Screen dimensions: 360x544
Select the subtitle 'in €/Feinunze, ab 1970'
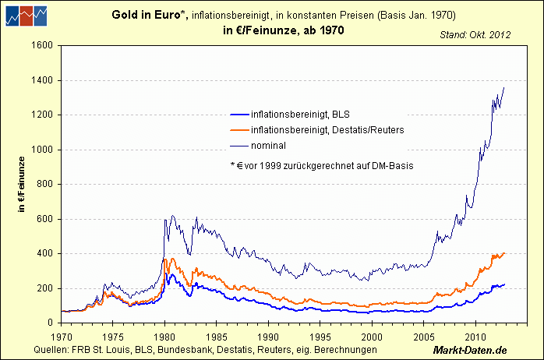click(x=277, y=30)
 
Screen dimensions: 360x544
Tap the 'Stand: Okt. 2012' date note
click(x=476, y=35)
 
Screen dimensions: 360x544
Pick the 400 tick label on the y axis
click(x=44, y=253)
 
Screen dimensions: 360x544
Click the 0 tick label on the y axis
click(x=49, y=323)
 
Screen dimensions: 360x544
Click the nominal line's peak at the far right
click(x=504, y=87)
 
